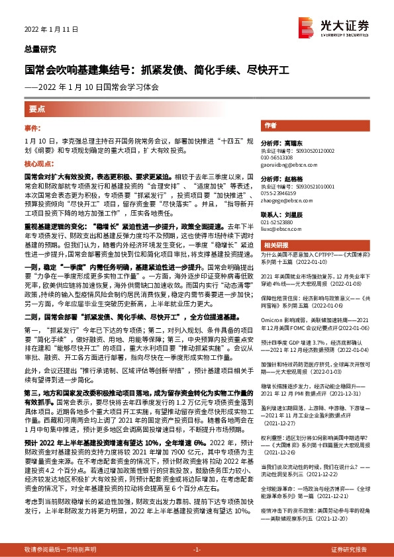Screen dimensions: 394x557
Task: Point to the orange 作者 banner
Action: coord(270,125)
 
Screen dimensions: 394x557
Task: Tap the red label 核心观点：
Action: coord(36,163)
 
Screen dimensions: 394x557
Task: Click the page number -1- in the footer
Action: coord(197,549)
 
